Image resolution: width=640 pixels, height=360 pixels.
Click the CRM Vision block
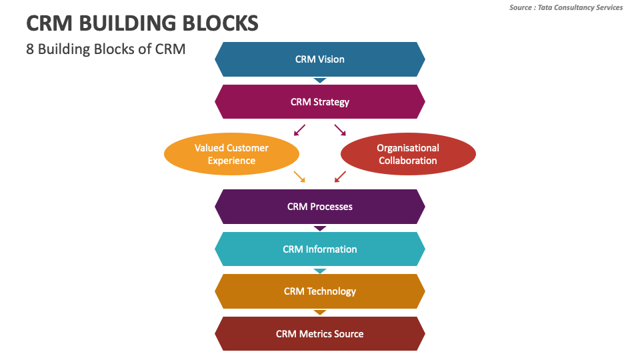(x=320, y=59)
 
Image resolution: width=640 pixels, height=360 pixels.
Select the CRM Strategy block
(x=320, y=102)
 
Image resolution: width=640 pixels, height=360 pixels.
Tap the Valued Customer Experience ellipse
(x=231, y=154)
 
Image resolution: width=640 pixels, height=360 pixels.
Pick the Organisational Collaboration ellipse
(x=408, y=154)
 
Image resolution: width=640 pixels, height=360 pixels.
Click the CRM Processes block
(x=320, y=207)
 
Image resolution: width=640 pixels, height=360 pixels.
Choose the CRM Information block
(x=320, y=249)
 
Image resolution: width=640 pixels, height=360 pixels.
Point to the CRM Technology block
(x=320, y=291)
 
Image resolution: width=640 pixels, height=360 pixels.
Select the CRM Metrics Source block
(x=320, y=334)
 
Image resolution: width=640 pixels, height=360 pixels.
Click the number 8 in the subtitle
(x=30, y=49)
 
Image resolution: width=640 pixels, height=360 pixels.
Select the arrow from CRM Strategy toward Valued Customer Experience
(x=299, y=129)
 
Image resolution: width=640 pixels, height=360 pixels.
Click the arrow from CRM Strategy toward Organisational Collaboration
(x=340, y=129)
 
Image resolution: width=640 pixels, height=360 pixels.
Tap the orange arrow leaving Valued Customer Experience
(x=299, y=176)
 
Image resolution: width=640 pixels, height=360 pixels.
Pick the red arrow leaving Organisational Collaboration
(x=340, y=176)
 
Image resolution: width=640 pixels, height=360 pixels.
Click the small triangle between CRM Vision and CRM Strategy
(x=320, y=80)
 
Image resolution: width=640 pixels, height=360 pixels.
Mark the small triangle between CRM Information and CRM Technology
(x=320, y=271)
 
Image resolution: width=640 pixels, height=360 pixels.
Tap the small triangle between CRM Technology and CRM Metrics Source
(x=320, y=313)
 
